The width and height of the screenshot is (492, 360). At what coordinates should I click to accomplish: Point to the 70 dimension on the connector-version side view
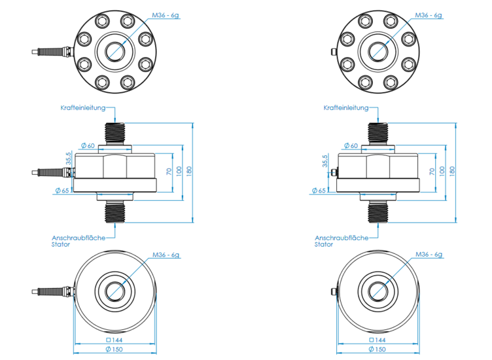point(431,171)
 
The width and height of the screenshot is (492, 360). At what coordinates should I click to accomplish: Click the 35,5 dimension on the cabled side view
point(68,158)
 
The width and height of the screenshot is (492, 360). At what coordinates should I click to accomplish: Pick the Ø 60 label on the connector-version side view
point(350,145)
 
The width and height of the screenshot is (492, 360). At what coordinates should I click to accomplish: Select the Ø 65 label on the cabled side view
point(61,190)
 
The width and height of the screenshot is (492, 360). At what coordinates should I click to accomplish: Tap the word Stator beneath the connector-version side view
point(324,244)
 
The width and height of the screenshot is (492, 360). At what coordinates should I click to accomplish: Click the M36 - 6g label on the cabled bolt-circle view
point(165,14)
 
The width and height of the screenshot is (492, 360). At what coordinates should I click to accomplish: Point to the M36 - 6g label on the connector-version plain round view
point(429,255)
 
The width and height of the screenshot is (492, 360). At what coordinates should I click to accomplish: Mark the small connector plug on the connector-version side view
point(334,173)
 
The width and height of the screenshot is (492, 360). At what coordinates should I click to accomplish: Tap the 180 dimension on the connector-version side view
point(452,170)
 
